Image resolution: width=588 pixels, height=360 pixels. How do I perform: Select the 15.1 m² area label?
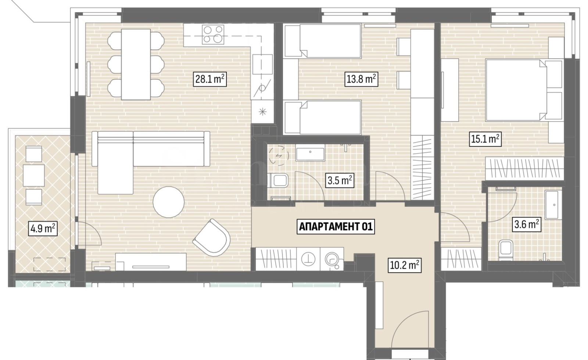(x=485, y=139)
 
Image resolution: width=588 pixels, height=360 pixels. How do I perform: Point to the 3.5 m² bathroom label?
(x=340, y=180)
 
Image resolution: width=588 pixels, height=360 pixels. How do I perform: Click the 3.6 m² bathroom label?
(x=527, y=225)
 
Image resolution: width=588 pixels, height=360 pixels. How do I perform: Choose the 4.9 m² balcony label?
(x=43, y=228)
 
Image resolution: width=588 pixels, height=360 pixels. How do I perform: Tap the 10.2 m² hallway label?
(x=404, y=265)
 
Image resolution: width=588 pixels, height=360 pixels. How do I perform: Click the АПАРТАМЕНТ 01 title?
(x=336, y=227)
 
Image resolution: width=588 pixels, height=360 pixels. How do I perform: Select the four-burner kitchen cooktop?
(x=213, y=35)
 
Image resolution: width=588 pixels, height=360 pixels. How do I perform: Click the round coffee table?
(x=169, y=202)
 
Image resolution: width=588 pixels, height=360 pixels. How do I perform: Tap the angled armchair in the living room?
(x=212, y=238)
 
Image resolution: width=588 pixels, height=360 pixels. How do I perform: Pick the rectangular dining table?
(x=136, y=64)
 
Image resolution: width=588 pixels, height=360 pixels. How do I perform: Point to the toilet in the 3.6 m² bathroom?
(x=506, y=250)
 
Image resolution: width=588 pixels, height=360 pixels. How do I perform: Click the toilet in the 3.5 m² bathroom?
(x=278, y=180)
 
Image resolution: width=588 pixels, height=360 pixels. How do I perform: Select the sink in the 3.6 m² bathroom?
(x=553, y=205)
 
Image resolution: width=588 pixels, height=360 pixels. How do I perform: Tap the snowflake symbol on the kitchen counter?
(x=262, y=112)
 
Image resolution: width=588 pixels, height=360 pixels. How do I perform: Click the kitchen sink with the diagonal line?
(x=262, y=88)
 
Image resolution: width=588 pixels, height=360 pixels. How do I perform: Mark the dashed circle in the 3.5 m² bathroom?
(x=279, y=156)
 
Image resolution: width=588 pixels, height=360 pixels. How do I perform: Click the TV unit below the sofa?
(x=151, y=262)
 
